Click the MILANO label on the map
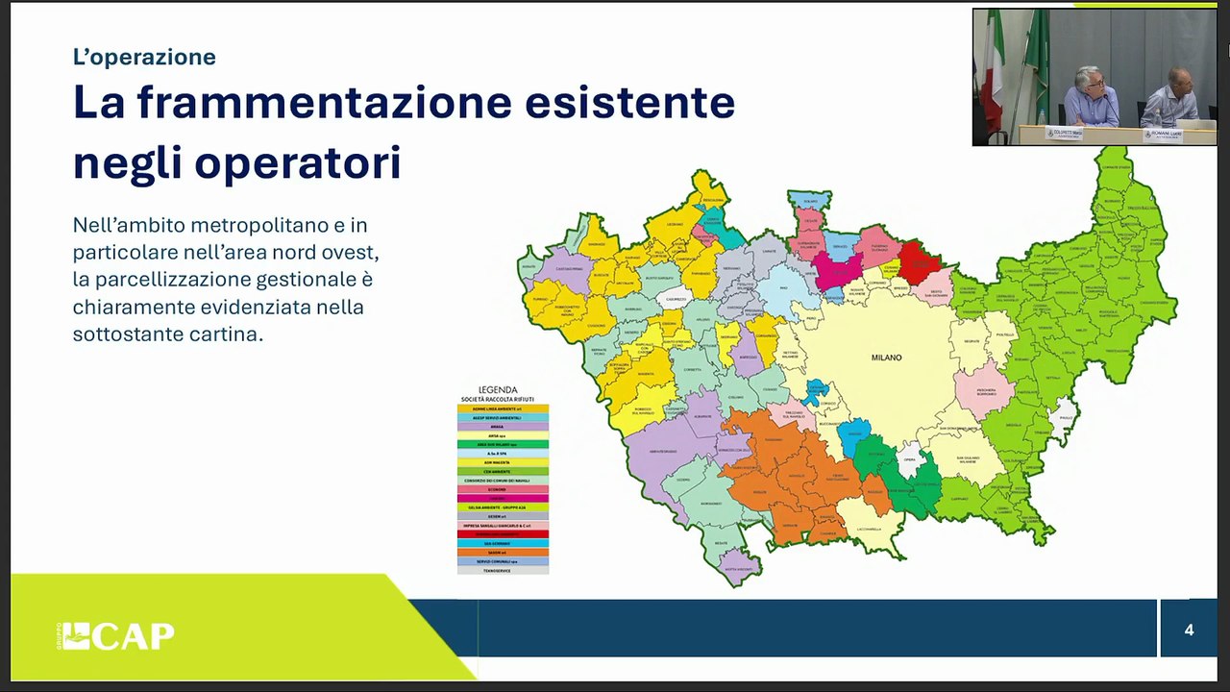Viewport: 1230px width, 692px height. (886, 358)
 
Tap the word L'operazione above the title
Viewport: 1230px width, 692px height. (144, 57)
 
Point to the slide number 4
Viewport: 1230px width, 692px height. (1189, 630)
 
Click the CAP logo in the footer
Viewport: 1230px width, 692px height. (116, 636)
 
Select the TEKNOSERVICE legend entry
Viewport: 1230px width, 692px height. (503, 570)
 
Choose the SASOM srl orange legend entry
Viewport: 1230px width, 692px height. (503, 552)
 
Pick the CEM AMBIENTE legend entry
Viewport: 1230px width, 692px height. (503, 471)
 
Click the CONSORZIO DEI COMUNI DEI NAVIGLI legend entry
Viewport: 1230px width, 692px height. (503, 480)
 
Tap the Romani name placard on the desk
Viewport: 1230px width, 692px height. (1163, 135)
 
